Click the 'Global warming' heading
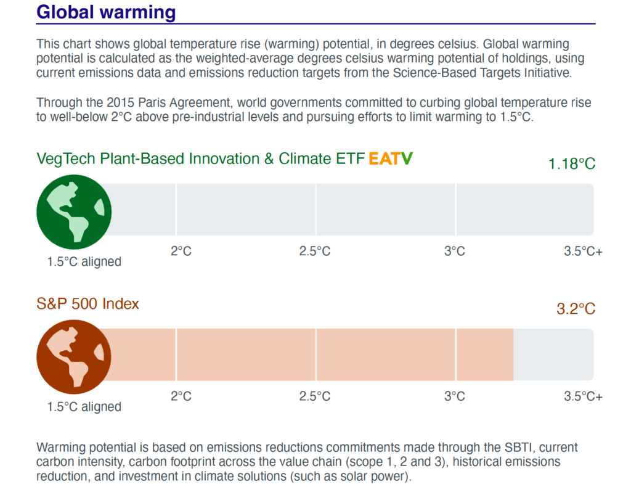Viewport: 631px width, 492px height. (x=106, y=12)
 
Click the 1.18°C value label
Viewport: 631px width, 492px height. (x=572, y=164)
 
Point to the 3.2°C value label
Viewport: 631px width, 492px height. (x=576, y=309)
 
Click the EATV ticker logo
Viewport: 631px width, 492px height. (x=391, y=159)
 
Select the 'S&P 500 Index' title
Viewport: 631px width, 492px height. (x=88, y=304)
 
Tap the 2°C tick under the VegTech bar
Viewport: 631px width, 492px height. (x=181, y=251)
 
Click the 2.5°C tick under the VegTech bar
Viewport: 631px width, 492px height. (x=315, y=251)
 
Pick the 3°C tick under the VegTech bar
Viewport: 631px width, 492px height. (x=455, y=251)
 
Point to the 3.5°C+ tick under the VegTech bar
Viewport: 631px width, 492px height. (x=583, y=251)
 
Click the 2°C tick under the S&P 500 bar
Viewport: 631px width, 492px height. (x=181, y=396)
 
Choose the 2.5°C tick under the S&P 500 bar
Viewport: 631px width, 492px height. (x=315, y=396)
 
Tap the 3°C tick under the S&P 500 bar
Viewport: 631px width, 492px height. (x=455, y=396)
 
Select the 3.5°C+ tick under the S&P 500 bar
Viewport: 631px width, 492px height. (x=583, y=396)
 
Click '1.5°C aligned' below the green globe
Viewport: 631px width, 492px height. (x=84, y=261)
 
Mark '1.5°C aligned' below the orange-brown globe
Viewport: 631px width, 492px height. (x=84, y=407)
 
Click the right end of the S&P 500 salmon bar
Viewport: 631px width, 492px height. (x=512, y=355)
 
